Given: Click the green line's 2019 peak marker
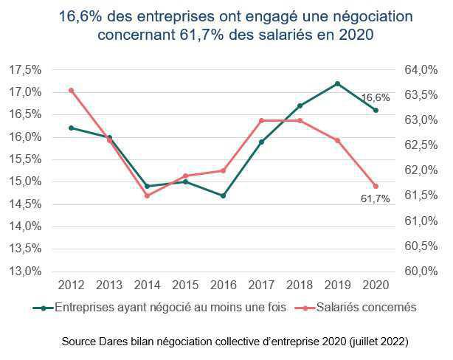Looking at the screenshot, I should pos(337,83).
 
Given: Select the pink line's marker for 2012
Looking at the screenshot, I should pos(71,90).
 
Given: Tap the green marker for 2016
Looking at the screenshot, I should pos(223,195).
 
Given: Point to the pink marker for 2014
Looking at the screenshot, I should pos(147,195).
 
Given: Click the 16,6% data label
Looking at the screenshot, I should pos(375,97).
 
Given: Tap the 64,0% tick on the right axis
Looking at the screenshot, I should pos(421,70).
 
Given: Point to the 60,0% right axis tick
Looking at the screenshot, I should pos(421,271).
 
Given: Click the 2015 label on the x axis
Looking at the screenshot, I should pos(185,285).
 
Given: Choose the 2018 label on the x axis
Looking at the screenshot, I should pos(299,285).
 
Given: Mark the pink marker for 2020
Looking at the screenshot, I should pos(376,186).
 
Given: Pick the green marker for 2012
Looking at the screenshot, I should pos(71,128).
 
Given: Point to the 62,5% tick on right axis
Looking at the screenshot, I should pos(421,145).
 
